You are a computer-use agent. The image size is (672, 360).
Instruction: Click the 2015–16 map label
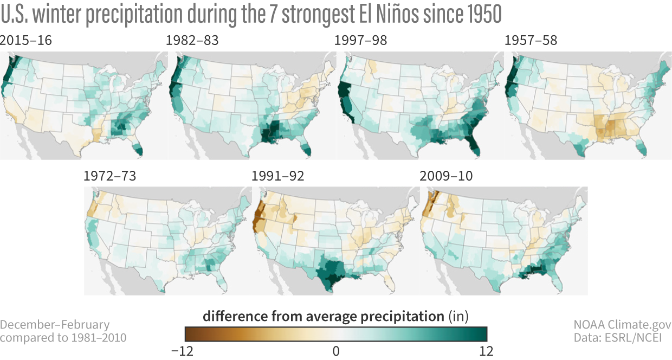coord(26,41)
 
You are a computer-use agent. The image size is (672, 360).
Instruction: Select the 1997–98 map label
coord(361,41)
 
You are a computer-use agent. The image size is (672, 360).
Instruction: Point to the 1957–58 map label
coord(531,41)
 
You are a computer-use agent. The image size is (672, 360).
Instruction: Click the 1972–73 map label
coord(109,177)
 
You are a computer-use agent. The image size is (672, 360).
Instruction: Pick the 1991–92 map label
coord(277,177)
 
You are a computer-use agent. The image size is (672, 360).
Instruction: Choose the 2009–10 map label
coord(446,177)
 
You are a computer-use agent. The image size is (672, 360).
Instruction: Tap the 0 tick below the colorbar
coord(336,351)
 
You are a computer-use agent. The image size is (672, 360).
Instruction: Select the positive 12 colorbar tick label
coord(486,351)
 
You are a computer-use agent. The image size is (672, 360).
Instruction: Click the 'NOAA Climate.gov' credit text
coord(622,325)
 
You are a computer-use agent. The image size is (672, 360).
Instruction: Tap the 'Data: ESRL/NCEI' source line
coord(622,338)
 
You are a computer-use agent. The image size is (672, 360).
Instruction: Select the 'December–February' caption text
coord(55,325)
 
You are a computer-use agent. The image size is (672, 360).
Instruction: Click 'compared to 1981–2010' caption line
coord(63,338)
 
